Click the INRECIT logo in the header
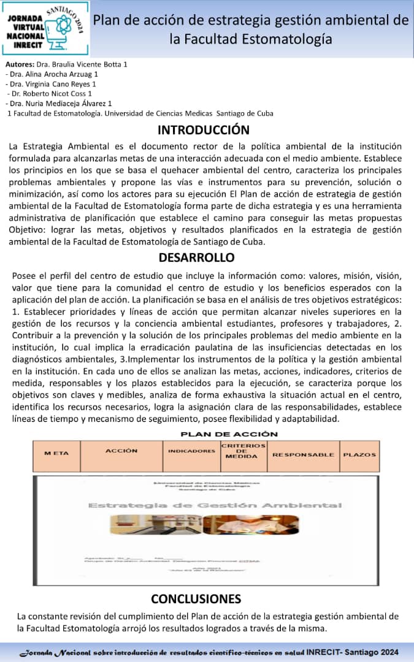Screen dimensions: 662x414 coord(45,29)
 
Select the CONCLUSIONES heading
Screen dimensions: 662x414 coord(196,598)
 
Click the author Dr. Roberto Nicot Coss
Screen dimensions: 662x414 coord(50,94)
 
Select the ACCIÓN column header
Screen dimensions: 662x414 coord(121,451)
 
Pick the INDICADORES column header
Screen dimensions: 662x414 coord(191,451)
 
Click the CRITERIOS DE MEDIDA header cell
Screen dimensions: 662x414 coord(243,451)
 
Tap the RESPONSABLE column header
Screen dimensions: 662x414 coord(303,455)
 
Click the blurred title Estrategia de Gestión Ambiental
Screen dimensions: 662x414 coord(215,505)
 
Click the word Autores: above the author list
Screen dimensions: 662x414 coord(20,64)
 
